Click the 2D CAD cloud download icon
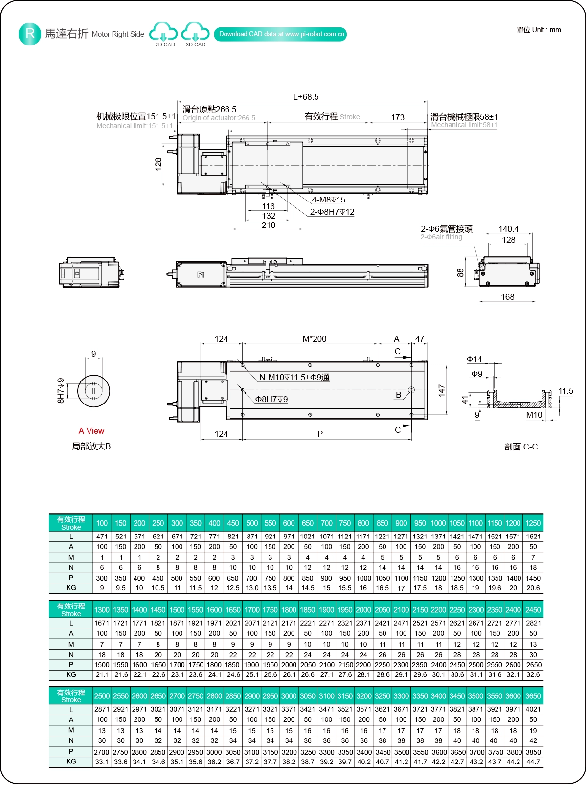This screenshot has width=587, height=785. [x=163, y=32]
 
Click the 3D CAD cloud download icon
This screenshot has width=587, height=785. [x=195, y=32]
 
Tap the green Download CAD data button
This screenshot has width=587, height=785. [x=280, y=34]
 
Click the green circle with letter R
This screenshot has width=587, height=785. [x=30, y=34]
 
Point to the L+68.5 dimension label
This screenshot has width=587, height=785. [x=306, y=97]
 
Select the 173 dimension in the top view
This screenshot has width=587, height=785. [x=398, y=117]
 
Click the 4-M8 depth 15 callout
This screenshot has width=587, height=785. [x=328, y=200]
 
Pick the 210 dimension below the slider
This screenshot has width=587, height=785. [x=268, y=225]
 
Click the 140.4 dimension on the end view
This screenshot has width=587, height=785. [x=508, y=229]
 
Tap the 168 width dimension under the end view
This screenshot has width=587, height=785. [x=507, y=297]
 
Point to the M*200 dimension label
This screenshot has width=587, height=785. [x=314, y=339]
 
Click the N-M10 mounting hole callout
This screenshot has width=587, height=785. [x=294, y=377]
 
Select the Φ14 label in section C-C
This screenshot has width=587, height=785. [x=474, y=359]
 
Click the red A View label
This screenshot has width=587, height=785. [x=91, y=431]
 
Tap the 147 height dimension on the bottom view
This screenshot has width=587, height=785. [x=442, y=390]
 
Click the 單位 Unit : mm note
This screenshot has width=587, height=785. [x=539, y=30]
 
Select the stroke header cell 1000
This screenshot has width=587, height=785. [x=438, y=523]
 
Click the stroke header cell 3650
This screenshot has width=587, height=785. [x=533, y=696]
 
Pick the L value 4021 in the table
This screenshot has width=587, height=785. [x=533, y=709]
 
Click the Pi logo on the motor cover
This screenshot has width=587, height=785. [x=201, y=275]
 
